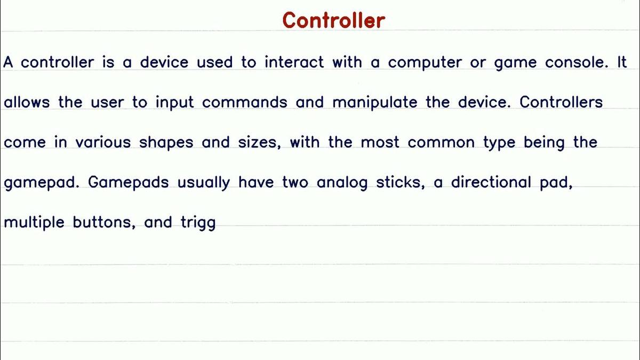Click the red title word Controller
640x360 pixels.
333,20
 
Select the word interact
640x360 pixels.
294,62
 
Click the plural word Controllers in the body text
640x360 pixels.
561,102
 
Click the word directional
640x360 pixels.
491,182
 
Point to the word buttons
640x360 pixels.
102,222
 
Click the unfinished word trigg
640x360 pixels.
198,223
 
